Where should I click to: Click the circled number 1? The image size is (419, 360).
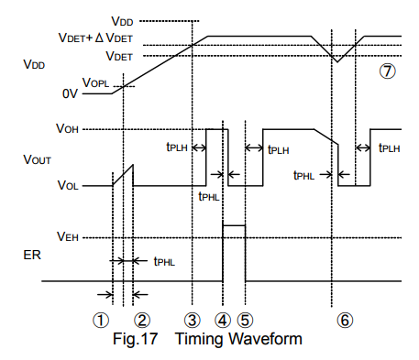point(101,321)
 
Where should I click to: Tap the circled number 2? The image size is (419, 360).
point(142,321)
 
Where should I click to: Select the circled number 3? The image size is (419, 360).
point(193,321)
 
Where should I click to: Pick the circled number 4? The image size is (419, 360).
point(223,321)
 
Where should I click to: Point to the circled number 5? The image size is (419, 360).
point(246,321)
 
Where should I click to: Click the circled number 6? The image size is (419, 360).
point(345,321)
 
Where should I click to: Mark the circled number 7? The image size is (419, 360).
point(388,71)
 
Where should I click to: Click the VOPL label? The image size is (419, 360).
point(95,82)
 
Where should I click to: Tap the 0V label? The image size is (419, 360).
point(70,93)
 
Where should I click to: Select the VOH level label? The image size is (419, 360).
point(67,128)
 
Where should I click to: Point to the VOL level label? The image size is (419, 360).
point(68,185)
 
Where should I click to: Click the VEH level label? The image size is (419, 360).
point(68,236)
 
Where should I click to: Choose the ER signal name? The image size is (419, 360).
point(32,255)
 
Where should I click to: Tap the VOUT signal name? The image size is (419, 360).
point(37,159)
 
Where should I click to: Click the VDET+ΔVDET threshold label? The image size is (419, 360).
point(95,38)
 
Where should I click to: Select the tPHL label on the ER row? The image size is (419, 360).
point(164,262)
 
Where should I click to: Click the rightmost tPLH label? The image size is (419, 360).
point(390,147)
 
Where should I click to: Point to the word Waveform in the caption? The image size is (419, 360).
point(265,339)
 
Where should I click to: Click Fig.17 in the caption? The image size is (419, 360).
point(135,339)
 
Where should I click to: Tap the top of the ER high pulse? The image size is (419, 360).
point(234,225)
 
